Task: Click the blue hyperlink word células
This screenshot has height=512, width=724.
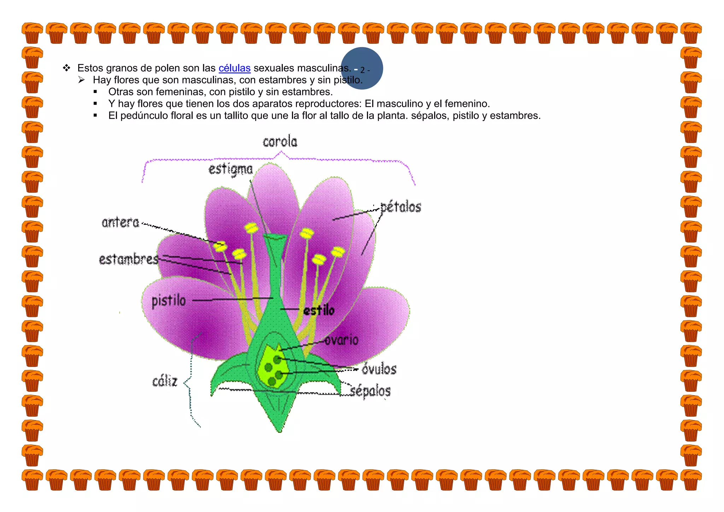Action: coord(234,68)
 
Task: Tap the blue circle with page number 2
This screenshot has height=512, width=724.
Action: coord(362,68)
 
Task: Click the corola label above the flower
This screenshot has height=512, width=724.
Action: coord(280,142)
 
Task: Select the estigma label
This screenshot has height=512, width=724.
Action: coord(230,169)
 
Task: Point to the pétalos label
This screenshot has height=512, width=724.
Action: coord(401,207)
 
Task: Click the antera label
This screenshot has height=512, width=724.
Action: coord(121,222)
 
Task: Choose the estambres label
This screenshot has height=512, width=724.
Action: coord(129,259)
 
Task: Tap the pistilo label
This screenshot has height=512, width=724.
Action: coord(169,301)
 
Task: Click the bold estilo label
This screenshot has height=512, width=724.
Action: coord(319,310)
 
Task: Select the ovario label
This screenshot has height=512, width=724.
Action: coord(341,340)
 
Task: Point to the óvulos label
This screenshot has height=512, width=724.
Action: coord(379,370)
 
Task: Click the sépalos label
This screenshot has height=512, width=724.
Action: coord(370,391)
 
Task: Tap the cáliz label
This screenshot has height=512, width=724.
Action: coord(165,381)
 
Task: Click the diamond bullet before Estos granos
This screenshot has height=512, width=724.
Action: coord(66,68)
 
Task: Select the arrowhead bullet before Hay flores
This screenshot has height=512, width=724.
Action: coord(82,80)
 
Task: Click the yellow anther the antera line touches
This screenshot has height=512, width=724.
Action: coord(221,245)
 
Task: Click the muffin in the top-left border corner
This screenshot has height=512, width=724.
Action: coord(32,33)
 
